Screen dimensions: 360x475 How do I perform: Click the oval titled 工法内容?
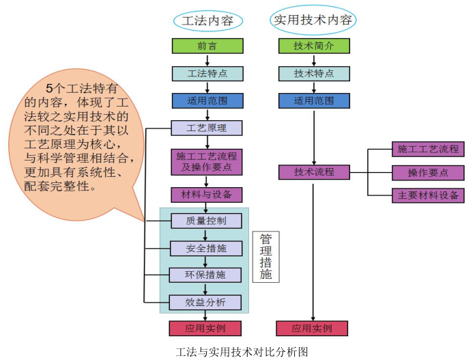[x=207, y=20]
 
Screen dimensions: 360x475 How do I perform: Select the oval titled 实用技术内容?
[x=313, y=20]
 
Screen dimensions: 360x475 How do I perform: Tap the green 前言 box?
[x=207, y=46]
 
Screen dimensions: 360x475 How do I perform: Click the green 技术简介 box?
[x=314, y=46]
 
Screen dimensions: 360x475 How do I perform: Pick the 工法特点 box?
[x=207, y=74]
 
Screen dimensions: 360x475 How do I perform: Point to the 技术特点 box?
[x=314, y=74]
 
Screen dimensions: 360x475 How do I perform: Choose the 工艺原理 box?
[x=207, y=128]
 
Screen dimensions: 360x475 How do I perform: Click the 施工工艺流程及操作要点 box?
[x=207, y=161]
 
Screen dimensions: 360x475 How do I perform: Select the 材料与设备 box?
[x=207, y=195]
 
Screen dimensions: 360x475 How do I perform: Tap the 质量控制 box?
[x=205, y=221]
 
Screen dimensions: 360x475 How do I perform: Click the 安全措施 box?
[x=205, y=249]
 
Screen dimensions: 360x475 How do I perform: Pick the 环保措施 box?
[x=205, y=275]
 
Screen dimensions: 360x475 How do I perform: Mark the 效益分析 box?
[x=205, y=302]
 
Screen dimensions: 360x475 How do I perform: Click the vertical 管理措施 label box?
[x=266, y=257]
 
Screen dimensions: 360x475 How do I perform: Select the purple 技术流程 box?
[x=314, y=171]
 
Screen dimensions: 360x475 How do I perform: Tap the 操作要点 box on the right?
[x=428, y=172]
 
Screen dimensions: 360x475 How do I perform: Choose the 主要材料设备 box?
[x=428, y=195]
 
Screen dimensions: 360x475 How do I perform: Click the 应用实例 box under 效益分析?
[x=205, y=329]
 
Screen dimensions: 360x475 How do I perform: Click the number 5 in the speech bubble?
[x=48, y=88]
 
